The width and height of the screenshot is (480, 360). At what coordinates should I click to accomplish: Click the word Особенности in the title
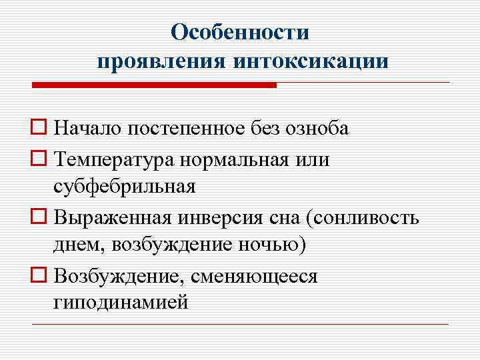(240, 32)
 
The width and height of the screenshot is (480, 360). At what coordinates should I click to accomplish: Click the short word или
(313, 161)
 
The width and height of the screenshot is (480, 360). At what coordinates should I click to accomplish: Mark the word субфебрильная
(125, 186)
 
